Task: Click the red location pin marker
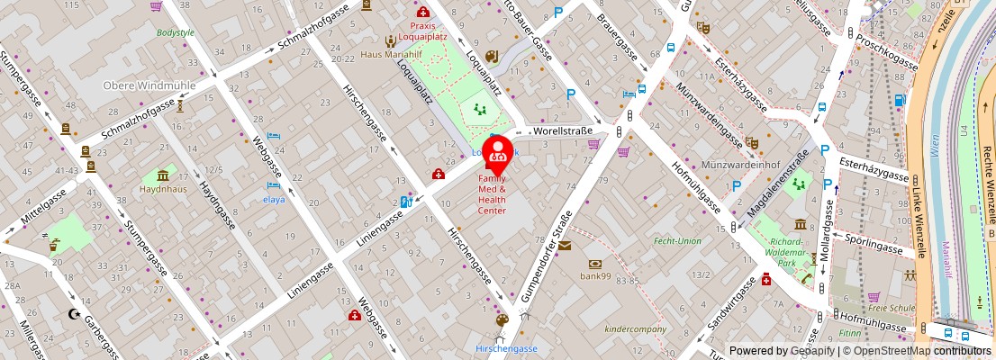click(498, 151)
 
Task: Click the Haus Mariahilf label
click(386, 54)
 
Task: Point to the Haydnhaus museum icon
click(163, 175)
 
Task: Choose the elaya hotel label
click(274, 199)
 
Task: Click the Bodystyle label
click(175, 32)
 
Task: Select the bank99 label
click(594, 276)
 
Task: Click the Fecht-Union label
click(677, 240)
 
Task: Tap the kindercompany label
click(637, 328)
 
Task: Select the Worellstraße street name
click(563, 131)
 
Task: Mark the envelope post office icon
click(565, 246)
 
